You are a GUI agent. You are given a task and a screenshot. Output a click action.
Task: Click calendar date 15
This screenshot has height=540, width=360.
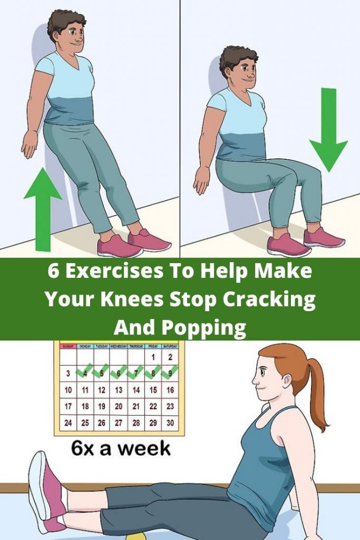click(153, 390)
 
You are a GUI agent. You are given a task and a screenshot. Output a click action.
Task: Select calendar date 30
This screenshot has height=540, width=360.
click(170, 423)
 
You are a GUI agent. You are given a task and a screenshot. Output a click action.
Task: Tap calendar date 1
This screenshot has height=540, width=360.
click(153, 358)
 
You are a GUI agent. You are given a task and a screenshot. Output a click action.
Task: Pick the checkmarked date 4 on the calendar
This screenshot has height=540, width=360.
click(85, 374)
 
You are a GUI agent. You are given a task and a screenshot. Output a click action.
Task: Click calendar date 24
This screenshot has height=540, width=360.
click(68, 423)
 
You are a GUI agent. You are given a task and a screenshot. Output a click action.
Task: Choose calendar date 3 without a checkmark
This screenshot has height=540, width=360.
click(68, 374)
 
